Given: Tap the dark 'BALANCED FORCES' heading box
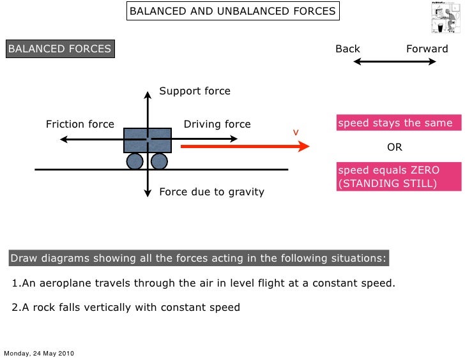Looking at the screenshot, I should coord(59,49).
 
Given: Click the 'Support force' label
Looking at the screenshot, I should coord(195,91).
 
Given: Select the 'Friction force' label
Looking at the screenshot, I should coord(80,124).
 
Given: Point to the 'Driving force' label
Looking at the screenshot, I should coord(217,124).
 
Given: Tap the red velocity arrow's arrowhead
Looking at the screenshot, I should coord(303,146).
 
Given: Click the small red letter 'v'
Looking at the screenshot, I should coord(296,131).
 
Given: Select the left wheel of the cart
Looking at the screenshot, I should coord(135,161).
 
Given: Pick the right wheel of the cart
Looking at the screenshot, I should coord(159,161).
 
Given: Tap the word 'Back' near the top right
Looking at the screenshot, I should coord(348,49).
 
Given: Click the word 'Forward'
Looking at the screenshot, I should coord(427,49).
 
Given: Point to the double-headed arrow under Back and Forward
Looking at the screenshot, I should coord(395,62).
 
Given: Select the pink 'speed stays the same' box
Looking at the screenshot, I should coord(395,123).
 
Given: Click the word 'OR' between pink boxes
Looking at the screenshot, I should coord(395,147).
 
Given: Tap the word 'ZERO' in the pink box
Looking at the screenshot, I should coord(439,170).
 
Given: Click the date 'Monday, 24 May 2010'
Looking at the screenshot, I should coord(40,353).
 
